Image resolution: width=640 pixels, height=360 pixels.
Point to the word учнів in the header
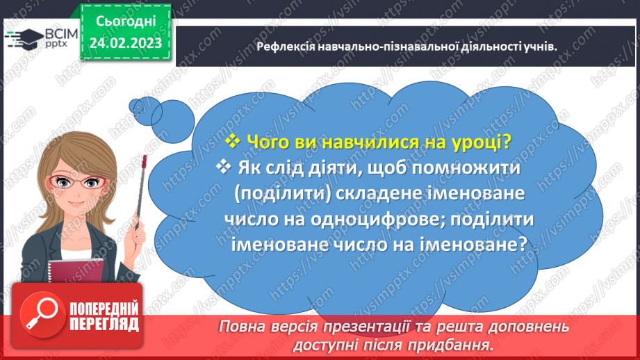[543, 46]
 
